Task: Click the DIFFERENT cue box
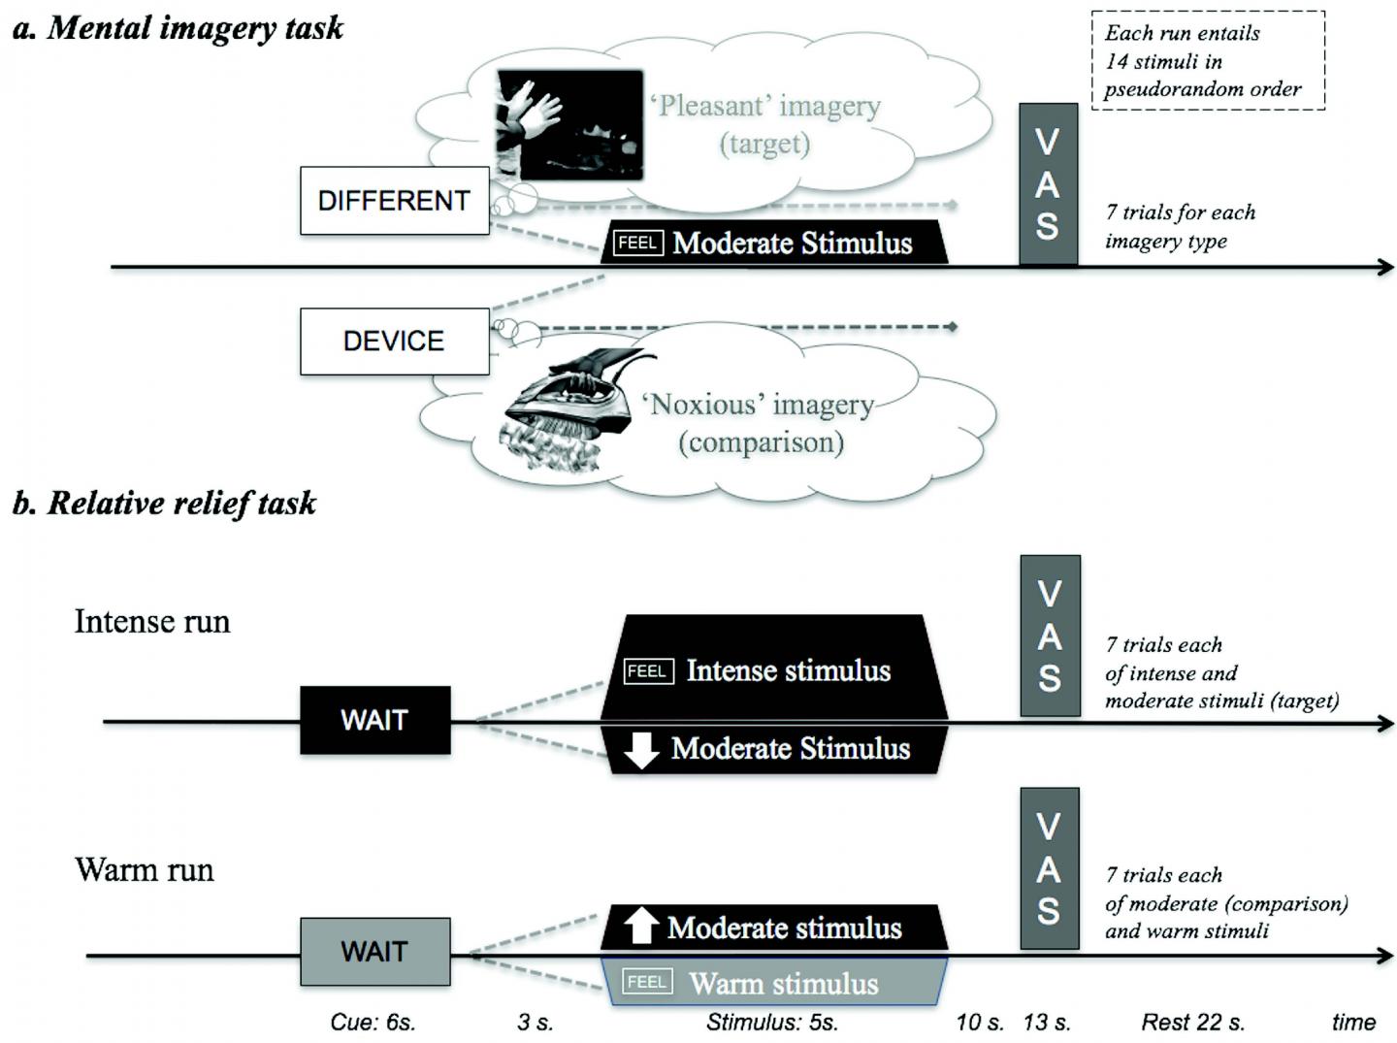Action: click(x=394, y=201)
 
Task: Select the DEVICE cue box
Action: click(x=394, y=342)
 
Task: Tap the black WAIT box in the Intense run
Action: click(x=374, y=720)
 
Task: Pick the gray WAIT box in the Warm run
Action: click(x=374, y=952)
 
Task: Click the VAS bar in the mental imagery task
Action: click(x=1048, y=184)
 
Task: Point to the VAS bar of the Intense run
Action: click(x=1050, y=636)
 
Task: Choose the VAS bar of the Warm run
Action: click(x=1050, y=868)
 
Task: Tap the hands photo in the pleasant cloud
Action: click(x=569, y=124)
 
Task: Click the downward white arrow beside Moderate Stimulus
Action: click(x=641, y=749)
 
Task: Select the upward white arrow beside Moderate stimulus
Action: click(x=640, y=926)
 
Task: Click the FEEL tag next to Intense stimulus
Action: click(x=647, y=670)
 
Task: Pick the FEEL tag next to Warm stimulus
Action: click(x=647, y=982)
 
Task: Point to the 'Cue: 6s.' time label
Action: click(x=373, y=1022)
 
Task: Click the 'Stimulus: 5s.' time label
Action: click(x=772, y=1022)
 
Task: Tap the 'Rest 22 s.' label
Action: click(x=1192, y=1022)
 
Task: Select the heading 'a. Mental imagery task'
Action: click(x=178, y=28)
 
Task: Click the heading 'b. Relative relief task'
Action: click(x=164, y=503)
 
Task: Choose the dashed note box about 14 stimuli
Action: click(x=1208, y=60)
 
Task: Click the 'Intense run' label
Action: click(x=152, y=621)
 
